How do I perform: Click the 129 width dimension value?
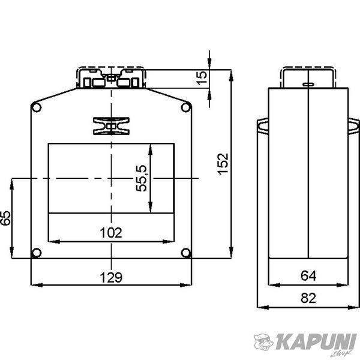tap(111, 277)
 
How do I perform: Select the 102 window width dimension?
tap(111, 233)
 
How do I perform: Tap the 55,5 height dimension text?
tap(142, 178)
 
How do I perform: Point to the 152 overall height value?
tap(223, 164)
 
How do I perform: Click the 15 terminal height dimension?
tap(202, 78)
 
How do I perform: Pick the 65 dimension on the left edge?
tap(5, 218)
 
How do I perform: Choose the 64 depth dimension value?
tap(308, 276)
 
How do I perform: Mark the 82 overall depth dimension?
tap(308, 298)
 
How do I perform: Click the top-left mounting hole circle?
tap(36, 107)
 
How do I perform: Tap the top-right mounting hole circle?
tap(186, 107)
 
